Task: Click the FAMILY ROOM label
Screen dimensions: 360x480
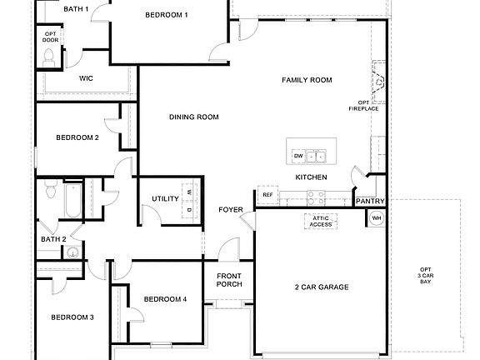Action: (307, 80)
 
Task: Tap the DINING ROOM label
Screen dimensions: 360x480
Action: (193, 117)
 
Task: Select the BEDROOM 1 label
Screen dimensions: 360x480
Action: (166, 15)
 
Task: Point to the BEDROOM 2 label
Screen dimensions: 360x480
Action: (77, 137)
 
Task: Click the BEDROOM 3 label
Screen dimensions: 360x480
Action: (72, 317)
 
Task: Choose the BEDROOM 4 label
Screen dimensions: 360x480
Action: (165, 299)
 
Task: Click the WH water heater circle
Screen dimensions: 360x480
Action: (377, 217)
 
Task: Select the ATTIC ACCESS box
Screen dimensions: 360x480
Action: (321, 221)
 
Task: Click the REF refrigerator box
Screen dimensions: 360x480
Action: (267, 195)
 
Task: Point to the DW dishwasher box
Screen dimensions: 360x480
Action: (297, 156)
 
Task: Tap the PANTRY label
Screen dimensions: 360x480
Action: (369, 201)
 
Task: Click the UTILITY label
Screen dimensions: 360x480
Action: (165, 198)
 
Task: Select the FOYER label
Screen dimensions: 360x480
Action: (231, 209)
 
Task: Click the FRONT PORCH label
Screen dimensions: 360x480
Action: (229, 280)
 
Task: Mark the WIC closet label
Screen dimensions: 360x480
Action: (86, 78)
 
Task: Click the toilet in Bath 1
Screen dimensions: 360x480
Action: (49, 56)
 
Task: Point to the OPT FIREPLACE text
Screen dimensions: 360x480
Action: (370, 105)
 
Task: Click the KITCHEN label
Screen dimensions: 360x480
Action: (311, 177)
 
